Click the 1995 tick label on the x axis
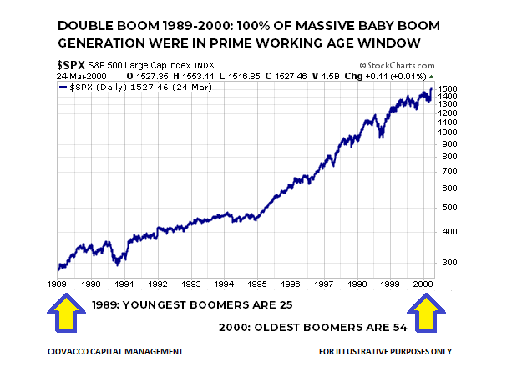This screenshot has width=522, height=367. pyautogui.click(x=262, y=283)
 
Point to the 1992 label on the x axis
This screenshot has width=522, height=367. pyautogui.click(x=160, y=283)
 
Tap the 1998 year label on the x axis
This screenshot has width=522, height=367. pyautogui.click(x=365, y=283)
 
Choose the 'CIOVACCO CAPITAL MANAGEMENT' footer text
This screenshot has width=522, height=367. pyautogui.click(x=115, y=353)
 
